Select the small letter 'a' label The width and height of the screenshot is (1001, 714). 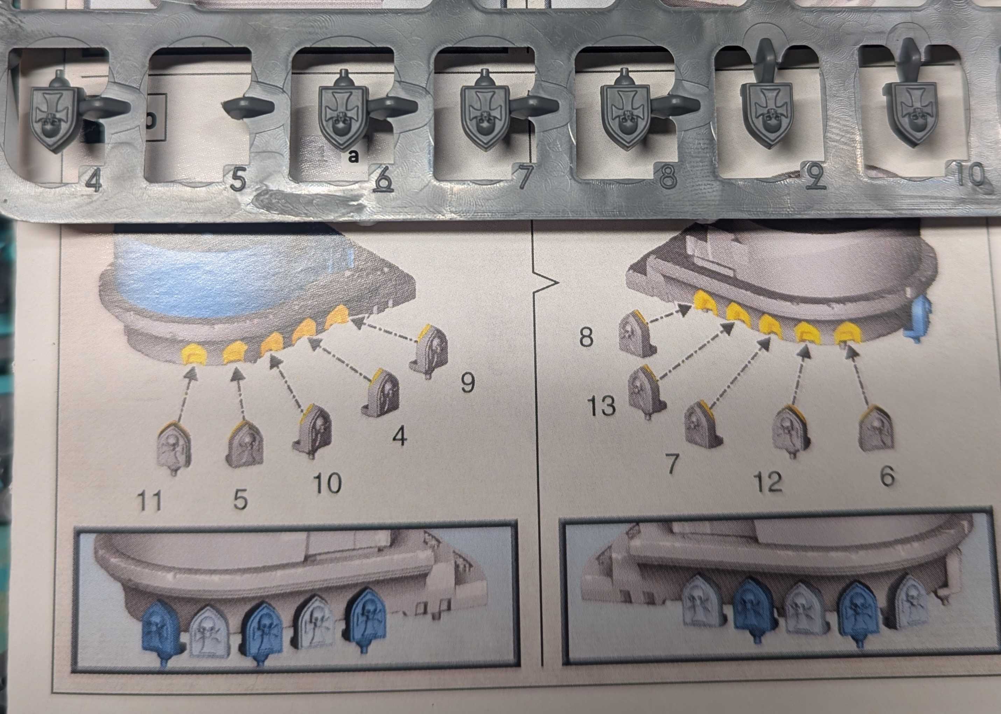tap(352, 156)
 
